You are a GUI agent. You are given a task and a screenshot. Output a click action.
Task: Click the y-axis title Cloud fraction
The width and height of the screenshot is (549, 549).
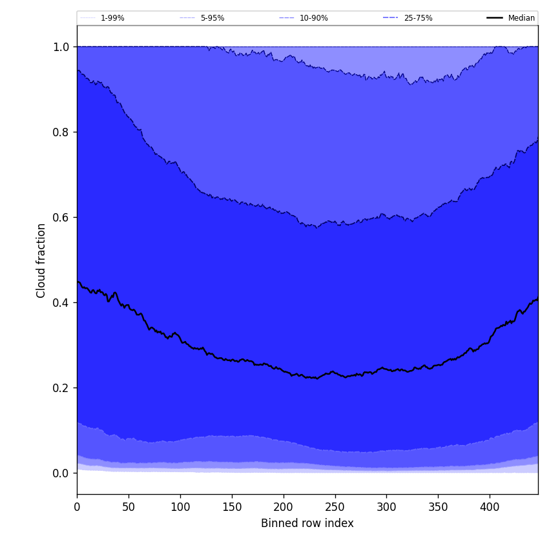coord(41,260)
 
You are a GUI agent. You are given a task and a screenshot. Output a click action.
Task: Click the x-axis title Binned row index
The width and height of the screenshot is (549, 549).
coord(307,523)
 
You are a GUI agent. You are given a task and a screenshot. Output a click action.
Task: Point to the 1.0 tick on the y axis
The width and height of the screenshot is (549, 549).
coord(61,47)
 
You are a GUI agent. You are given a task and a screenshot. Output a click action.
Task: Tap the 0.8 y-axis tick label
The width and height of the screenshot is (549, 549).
coord(61,132)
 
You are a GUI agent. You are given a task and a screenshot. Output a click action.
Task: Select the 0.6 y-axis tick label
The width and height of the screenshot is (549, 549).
coord(61,218)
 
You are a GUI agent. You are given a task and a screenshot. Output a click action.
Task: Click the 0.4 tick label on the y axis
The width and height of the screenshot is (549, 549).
coord(61,303)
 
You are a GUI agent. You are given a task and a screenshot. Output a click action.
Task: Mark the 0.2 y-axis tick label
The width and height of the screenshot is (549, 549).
coord(61,388)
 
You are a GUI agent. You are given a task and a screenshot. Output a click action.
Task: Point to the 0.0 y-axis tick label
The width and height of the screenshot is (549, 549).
coord(61,473)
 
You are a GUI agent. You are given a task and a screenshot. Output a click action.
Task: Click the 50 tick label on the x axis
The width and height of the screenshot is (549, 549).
coord(129,507)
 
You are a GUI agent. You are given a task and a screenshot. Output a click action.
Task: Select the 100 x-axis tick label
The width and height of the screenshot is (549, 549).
coord(180,507)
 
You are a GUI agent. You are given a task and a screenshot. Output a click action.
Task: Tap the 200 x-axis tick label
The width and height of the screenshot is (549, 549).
coord(284,507)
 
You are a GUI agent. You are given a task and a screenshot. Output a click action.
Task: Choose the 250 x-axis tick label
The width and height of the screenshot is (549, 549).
coord(335,507)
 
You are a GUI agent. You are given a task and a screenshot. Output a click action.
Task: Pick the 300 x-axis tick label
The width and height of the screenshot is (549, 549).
coord(386,507)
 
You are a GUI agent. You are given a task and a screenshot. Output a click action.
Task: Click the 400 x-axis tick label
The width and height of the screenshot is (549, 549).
coord(490,507)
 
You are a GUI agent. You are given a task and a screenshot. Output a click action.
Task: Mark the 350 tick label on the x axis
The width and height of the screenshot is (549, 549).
coord(438,507)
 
